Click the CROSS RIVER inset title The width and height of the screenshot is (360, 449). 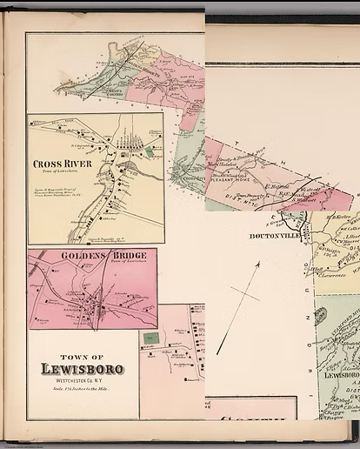coord(58,164)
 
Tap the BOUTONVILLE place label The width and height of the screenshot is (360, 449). coord(274,236)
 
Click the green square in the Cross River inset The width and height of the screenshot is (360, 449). coord(149,151)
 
